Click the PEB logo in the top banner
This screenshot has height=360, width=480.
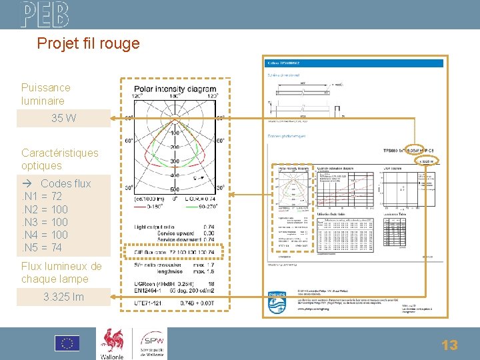44,14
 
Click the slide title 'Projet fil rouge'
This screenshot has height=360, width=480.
88,44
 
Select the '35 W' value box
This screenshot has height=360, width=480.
63,119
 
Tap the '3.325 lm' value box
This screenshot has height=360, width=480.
63,297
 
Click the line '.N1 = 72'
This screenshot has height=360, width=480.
42,196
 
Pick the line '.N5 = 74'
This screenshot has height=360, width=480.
42,247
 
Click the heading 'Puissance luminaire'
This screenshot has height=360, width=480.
45,94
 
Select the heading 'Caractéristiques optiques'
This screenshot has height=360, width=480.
59,159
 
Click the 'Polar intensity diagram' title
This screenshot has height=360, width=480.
175,89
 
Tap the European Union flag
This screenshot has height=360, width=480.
67,343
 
